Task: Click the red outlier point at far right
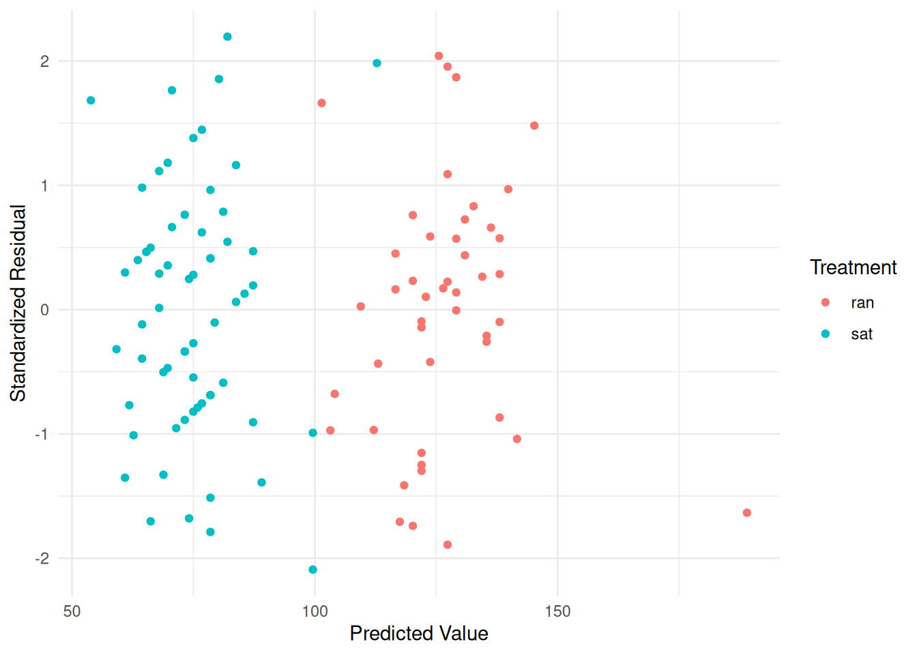746,513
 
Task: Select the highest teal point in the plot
227,37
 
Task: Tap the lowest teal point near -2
312,570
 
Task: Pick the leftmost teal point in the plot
91,100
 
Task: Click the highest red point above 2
439,56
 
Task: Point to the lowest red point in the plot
448,544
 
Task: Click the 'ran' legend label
862,303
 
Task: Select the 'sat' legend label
862,334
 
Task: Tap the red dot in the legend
826,302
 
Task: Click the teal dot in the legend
826,334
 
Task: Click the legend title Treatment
853,267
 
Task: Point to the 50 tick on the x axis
72,611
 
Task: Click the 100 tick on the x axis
315,611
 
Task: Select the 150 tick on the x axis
557,611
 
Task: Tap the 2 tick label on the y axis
45,61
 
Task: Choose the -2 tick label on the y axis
42,559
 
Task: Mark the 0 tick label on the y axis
45,310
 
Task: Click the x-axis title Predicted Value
419,634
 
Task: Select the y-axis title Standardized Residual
18,303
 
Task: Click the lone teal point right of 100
377,63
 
